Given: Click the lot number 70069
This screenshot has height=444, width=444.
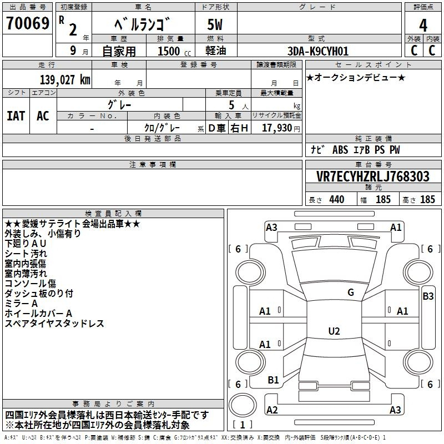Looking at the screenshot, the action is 28,23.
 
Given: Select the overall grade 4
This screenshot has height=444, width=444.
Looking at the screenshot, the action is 423,25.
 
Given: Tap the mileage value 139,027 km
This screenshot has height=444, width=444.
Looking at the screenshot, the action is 65,80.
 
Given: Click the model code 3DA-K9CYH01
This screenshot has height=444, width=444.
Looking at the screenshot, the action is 318,51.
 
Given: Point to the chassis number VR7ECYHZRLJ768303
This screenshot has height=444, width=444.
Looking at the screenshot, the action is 373,176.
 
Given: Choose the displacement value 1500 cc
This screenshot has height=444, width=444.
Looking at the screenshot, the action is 174,51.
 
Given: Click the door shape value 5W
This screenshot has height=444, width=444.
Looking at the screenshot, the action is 215,24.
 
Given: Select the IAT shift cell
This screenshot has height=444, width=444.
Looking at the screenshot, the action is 16,116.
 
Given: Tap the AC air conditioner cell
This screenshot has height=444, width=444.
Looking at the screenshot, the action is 43,116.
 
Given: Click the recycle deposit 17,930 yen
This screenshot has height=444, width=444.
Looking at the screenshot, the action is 281,128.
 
